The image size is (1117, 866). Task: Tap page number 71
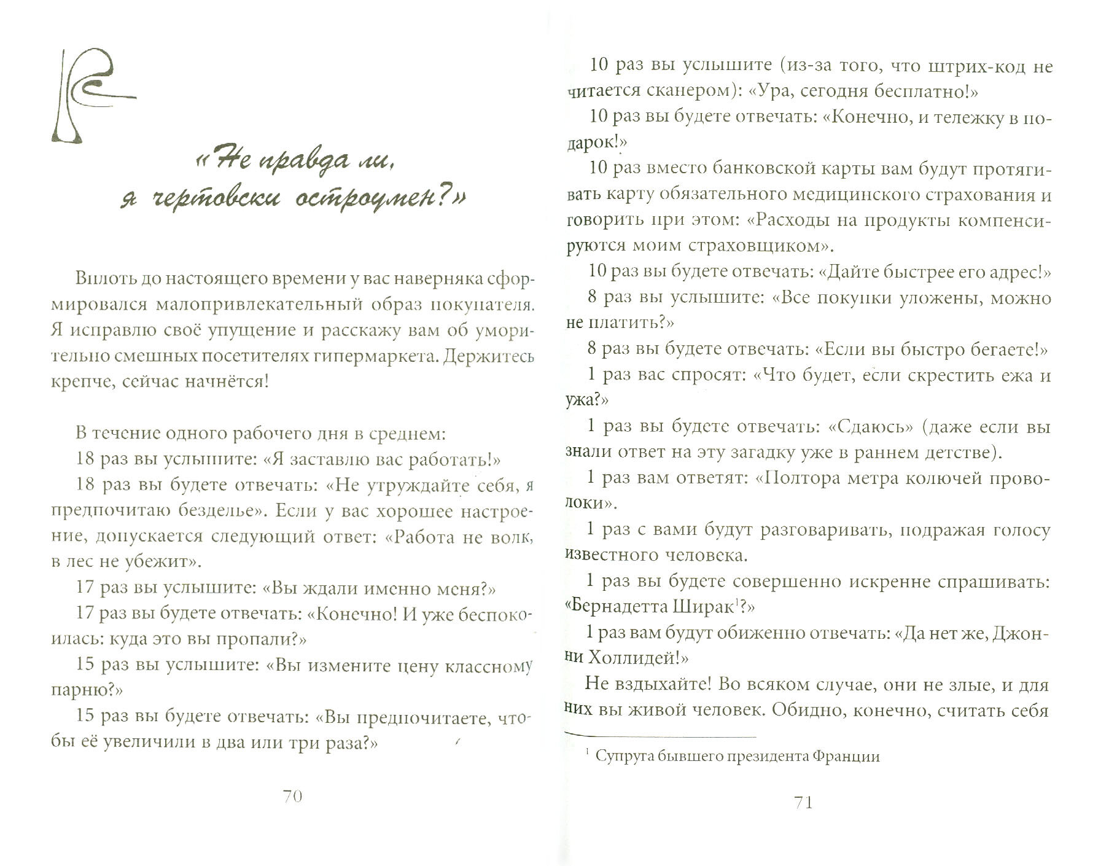coord(804,802)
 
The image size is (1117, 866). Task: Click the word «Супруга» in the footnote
coord(624,756)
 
